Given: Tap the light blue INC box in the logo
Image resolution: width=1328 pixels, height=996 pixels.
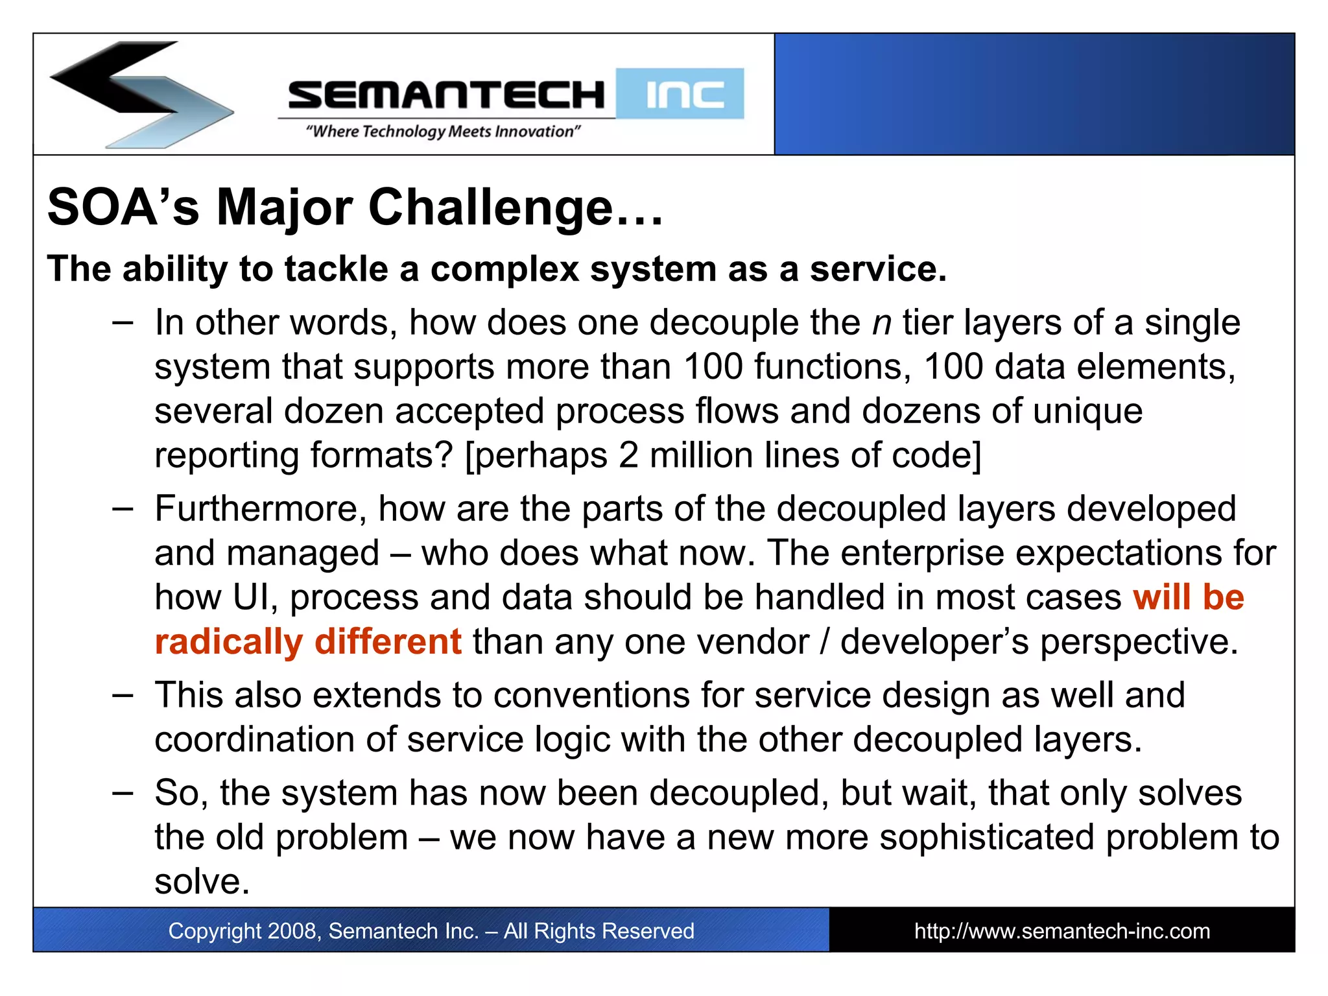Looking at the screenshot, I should (x=680, y=94).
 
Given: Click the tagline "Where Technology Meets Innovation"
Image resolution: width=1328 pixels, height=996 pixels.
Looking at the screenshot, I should (x=443, y=132).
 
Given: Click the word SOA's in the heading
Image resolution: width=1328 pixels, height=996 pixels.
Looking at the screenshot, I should (x=123, y=208).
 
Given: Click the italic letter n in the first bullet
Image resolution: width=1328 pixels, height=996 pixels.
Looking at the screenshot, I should (x=882, y=323).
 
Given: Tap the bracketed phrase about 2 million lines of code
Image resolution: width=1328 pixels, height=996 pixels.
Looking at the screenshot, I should (x=723, y=455).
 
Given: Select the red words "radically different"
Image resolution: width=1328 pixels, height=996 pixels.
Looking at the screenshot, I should (x=308, y=642).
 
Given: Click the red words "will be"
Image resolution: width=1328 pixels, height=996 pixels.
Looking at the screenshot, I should (x=1188, y=597).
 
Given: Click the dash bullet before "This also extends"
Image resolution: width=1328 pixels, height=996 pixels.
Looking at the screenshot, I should (x=123, y=695).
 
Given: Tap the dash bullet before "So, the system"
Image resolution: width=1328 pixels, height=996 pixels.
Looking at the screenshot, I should (x=123, y=792).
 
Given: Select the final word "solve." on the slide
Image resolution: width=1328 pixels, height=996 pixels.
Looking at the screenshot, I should (x=202, y=882).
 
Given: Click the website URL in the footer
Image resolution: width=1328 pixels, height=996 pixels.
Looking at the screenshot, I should (x=1061, y=931).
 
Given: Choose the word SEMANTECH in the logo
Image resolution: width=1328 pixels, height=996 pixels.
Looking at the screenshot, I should (x=446, y=95).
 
